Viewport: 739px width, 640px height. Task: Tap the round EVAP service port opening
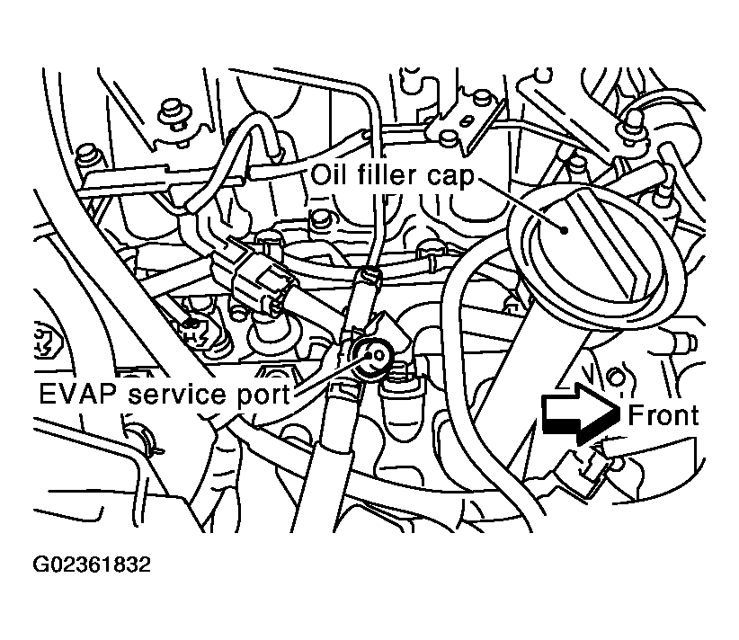coord(372,356)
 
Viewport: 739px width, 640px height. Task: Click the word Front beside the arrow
coord(663,414)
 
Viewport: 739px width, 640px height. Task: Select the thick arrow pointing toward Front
coord(575,415)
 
